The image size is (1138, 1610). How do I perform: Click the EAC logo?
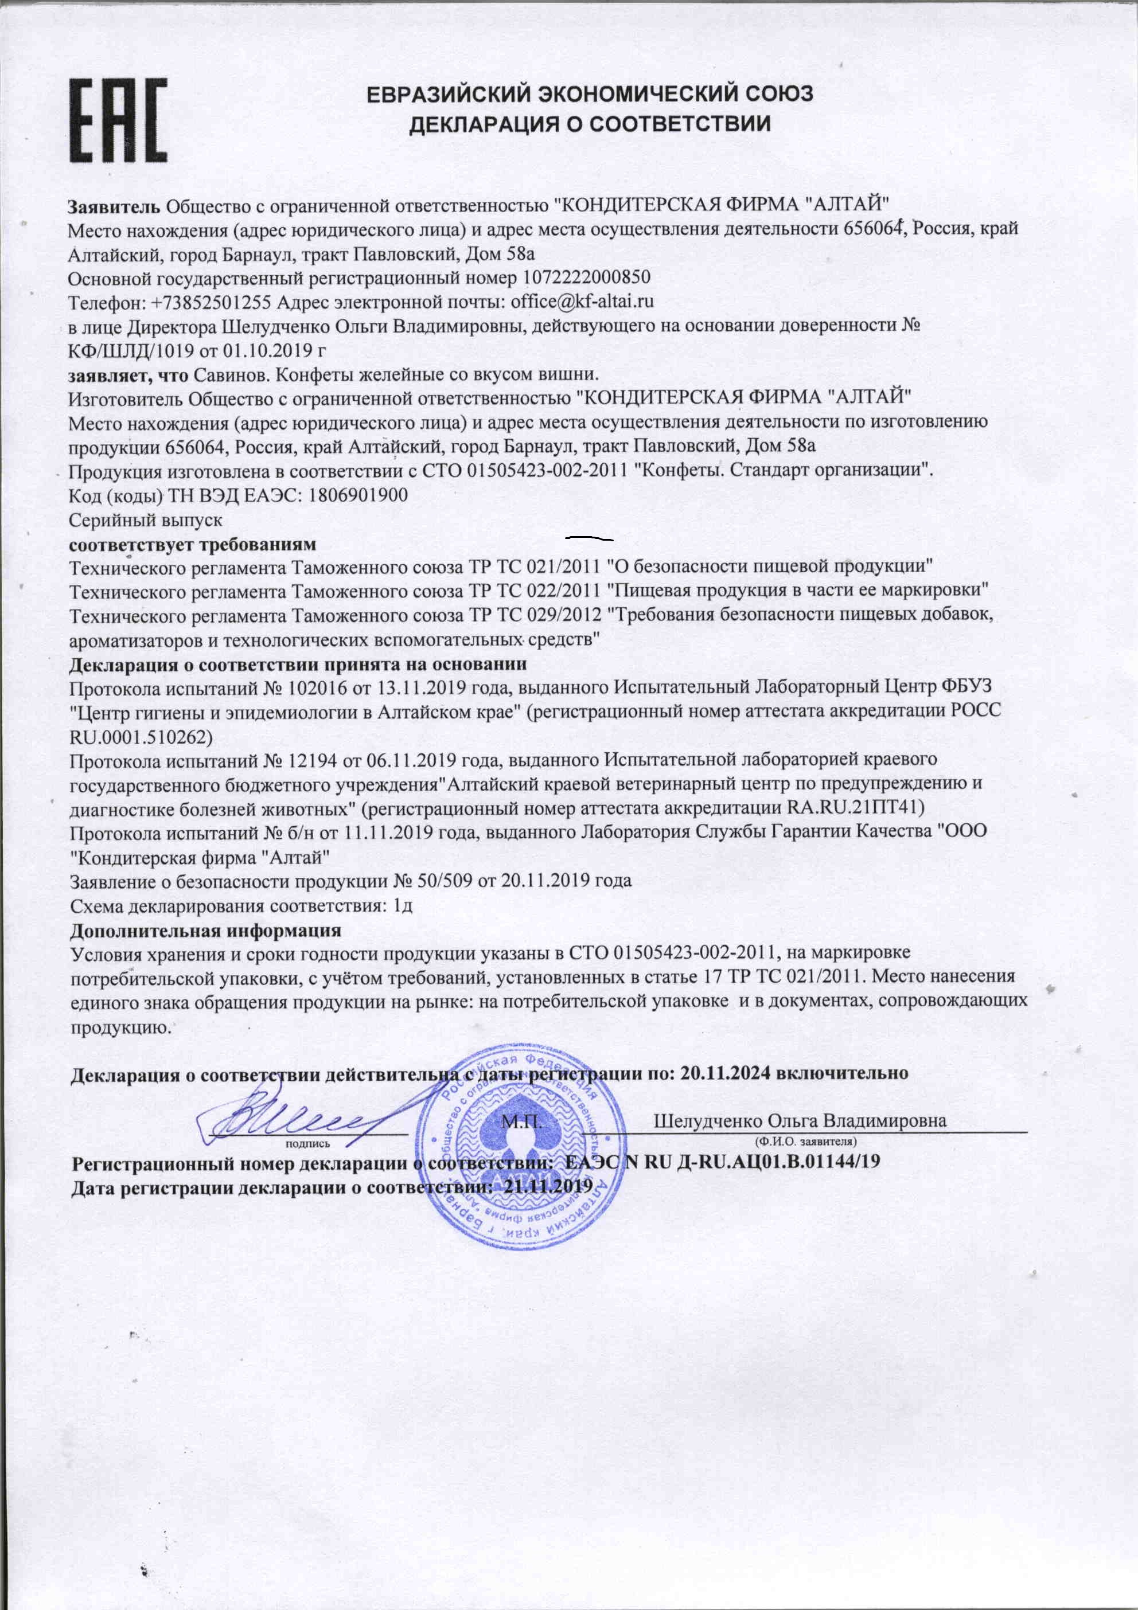click(118, 120)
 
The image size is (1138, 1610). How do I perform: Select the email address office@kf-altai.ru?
click(582, 302)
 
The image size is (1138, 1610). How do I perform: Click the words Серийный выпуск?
click(146, 520)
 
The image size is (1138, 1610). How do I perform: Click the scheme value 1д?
click(403, 905)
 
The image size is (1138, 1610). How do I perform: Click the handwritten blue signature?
click(295, 1115)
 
